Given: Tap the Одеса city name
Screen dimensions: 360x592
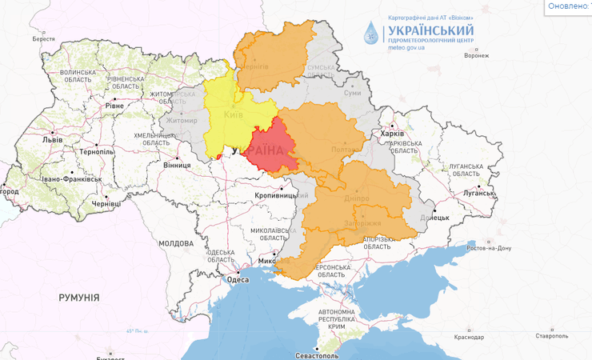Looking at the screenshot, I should [238, 279].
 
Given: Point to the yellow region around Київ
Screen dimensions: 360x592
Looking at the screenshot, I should [232, 112].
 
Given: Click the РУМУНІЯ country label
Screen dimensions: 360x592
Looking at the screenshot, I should [79, 298].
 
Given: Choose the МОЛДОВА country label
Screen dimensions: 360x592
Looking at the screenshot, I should [175, 243].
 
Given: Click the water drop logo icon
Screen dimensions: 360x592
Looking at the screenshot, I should [371, 33].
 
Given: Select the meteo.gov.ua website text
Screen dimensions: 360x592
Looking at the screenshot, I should [406, 47].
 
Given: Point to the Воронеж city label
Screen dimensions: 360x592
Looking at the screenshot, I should [476, 55].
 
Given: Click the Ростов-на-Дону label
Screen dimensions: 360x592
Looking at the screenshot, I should [487, 248].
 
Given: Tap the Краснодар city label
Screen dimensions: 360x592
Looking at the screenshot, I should [468, 337].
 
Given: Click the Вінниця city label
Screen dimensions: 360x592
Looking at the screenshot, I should [177, 166].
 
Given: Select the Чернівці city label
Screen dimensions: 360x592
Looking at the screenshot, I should [106, 204].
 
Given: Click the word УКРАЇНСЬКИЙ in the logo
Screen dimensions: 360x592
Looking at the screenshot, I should [430, 30].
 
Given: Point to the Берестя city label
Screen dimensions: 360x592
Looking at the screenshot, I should [43, 38].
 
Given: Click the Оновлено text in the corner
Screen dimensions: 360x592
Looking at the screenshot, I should [569, 6].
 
